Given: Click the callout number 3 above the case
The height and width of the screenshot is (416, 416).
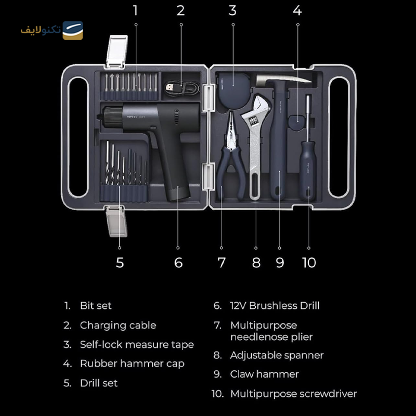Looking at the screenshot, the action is pyautogui.click(x=232, y=10).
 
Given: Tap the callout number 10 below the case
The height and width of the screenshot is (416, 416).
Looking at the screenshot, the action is pyautogui.click(x=309, y=263).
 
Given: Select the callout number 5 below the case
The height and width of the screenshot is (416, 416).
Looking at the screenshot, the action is pyautogui.click(x=120, y=263).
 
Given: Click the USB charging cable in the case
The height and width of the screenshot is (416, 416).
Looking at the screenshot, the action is pyautogui.click(x=181, y=87).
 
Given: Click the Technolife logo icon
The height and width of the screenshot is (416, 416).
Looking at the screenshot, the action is pyautogui.click(x=73, y=31).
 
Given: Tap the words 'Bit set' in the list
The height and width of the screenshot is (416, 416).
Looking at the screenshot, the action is pyautogui.click(x=96, y=306).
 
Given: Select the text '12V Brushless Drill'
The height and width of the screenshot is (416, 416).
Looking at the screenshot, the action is pyautogui.click(x=275, y=306).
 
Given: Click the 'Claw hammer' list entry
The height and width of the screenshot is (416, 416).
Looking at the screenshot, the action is pyautogui.click(x=265, y=374).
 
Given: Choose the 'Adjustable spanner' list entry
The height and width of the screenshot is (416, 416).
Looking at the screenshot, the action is pyautogui.click(x=277, y=355).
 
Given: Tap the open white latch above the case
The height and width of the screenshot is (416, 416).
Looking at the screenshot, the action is pyautogui.click(x=116, y=51).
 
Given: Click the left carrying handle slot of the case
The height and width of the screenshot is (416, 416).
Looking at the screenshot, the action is pyautogui.click(x=78, y=137).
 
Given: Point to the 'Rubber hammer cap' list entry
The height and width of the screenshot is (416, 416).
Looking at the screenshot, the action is pyautogui.click(x=132, y=363).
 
